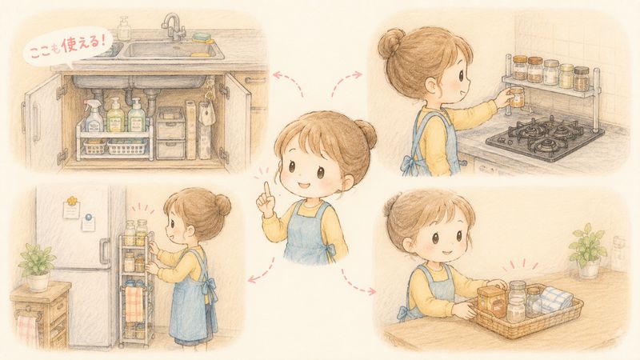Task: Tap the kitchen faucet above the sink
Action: point(173,26)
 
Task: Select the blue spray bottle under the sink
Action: point(94,115)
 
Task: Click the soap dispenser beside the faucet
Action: point(124,29)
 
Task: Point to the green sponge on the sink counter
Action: point(203,38)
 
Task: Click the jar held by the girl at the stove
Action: point(517,97)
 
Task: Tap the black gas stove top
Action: point(545,138)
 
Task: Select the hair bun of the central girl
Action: point(366,134)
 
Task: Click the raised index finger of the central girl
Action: point(267,191)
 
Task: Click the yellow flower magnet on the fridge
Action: point(72,201)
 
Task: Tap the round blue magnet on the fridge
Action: point(89,217)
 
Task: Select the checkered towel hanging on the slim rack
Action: point(133,304)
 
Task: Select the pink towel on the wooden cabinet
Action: point(27,330)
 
